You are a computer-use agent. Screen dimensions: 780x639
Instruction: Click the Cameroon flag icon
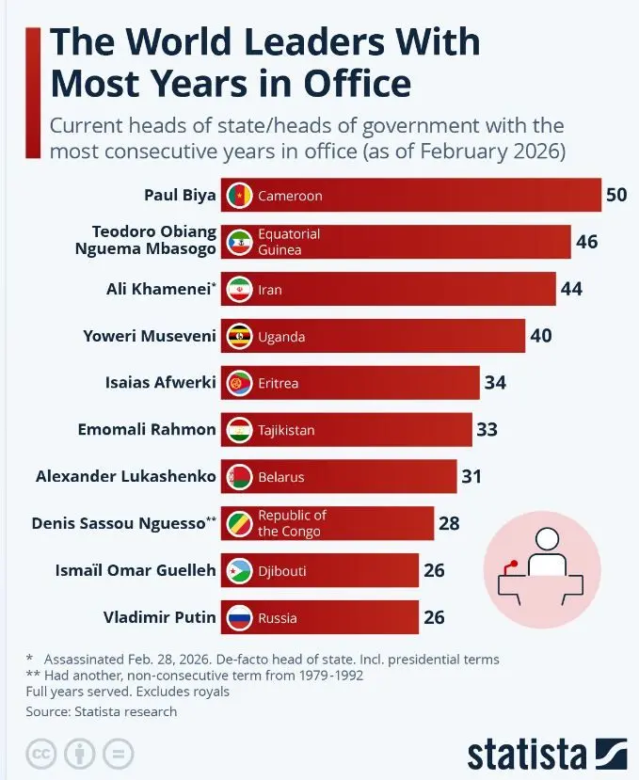(238, 196)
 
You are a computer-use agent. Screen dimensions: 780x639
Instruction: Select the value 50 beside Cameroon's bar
(616, 196)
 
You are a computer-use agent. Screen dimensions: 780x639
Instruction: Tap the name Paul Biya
(180, 196)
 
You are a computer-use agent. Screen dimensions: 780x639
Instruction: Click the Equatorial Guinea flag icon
(238, 242)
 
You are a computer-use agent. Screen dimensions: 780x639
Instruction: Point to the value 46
(586, 242)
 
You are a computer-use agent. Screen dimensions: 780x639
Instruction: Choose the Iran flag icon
(238, 289)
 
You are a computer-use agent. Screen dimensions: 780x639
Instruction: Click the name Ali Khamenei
(157, 289)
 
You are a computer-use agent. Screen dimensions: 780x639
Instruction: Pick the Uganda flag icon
(238, 336)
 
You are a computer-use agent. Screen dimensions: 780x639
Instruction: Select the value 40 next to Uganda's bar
(540, 336)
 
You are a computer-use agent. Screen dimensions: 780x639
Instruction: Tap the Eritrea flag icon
(238, 383)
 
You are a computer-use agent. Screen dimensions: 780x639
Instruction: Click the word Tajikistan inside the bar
(286, 430)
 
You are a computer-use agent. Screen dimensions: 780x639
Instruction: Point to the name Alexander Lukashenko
(125, 476)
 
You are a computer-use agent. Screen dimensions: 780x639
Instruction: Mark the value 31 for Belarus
(471, 476)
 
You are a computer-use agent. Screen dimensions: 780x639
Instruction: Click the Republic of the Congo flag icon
(238, 523)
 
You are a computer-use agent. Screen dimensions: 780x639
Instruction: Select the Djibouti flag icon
(238, 570)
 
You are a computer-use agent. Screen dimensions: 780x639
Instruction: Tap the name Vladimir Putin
(160, 617)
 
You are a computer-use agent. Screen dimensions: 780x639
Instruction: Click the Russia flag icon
(238, 617)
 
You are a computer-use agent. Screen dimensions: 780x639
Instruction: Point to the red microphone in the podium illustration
(512, 565)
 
